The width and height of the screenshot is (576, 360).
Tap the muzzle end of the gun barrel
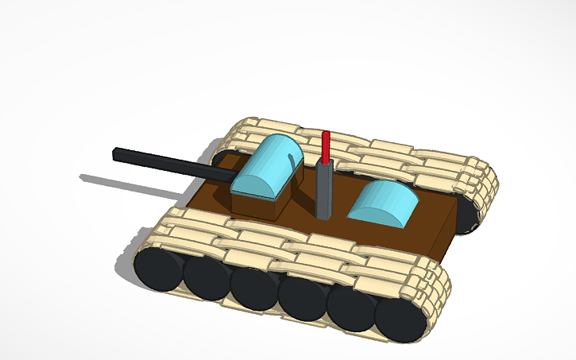point(116,153)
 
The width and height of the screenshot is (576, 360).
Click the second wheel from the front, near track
point(204,277)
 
